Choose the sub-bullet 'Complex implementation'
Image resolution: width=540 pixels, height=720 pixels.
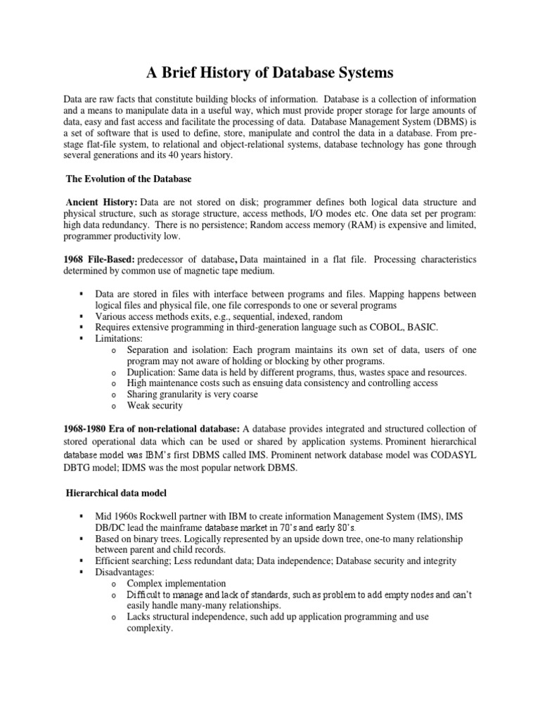[176, 584]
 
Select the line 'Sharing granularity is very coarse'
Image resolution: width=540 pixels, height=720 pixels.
[192, 394]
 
